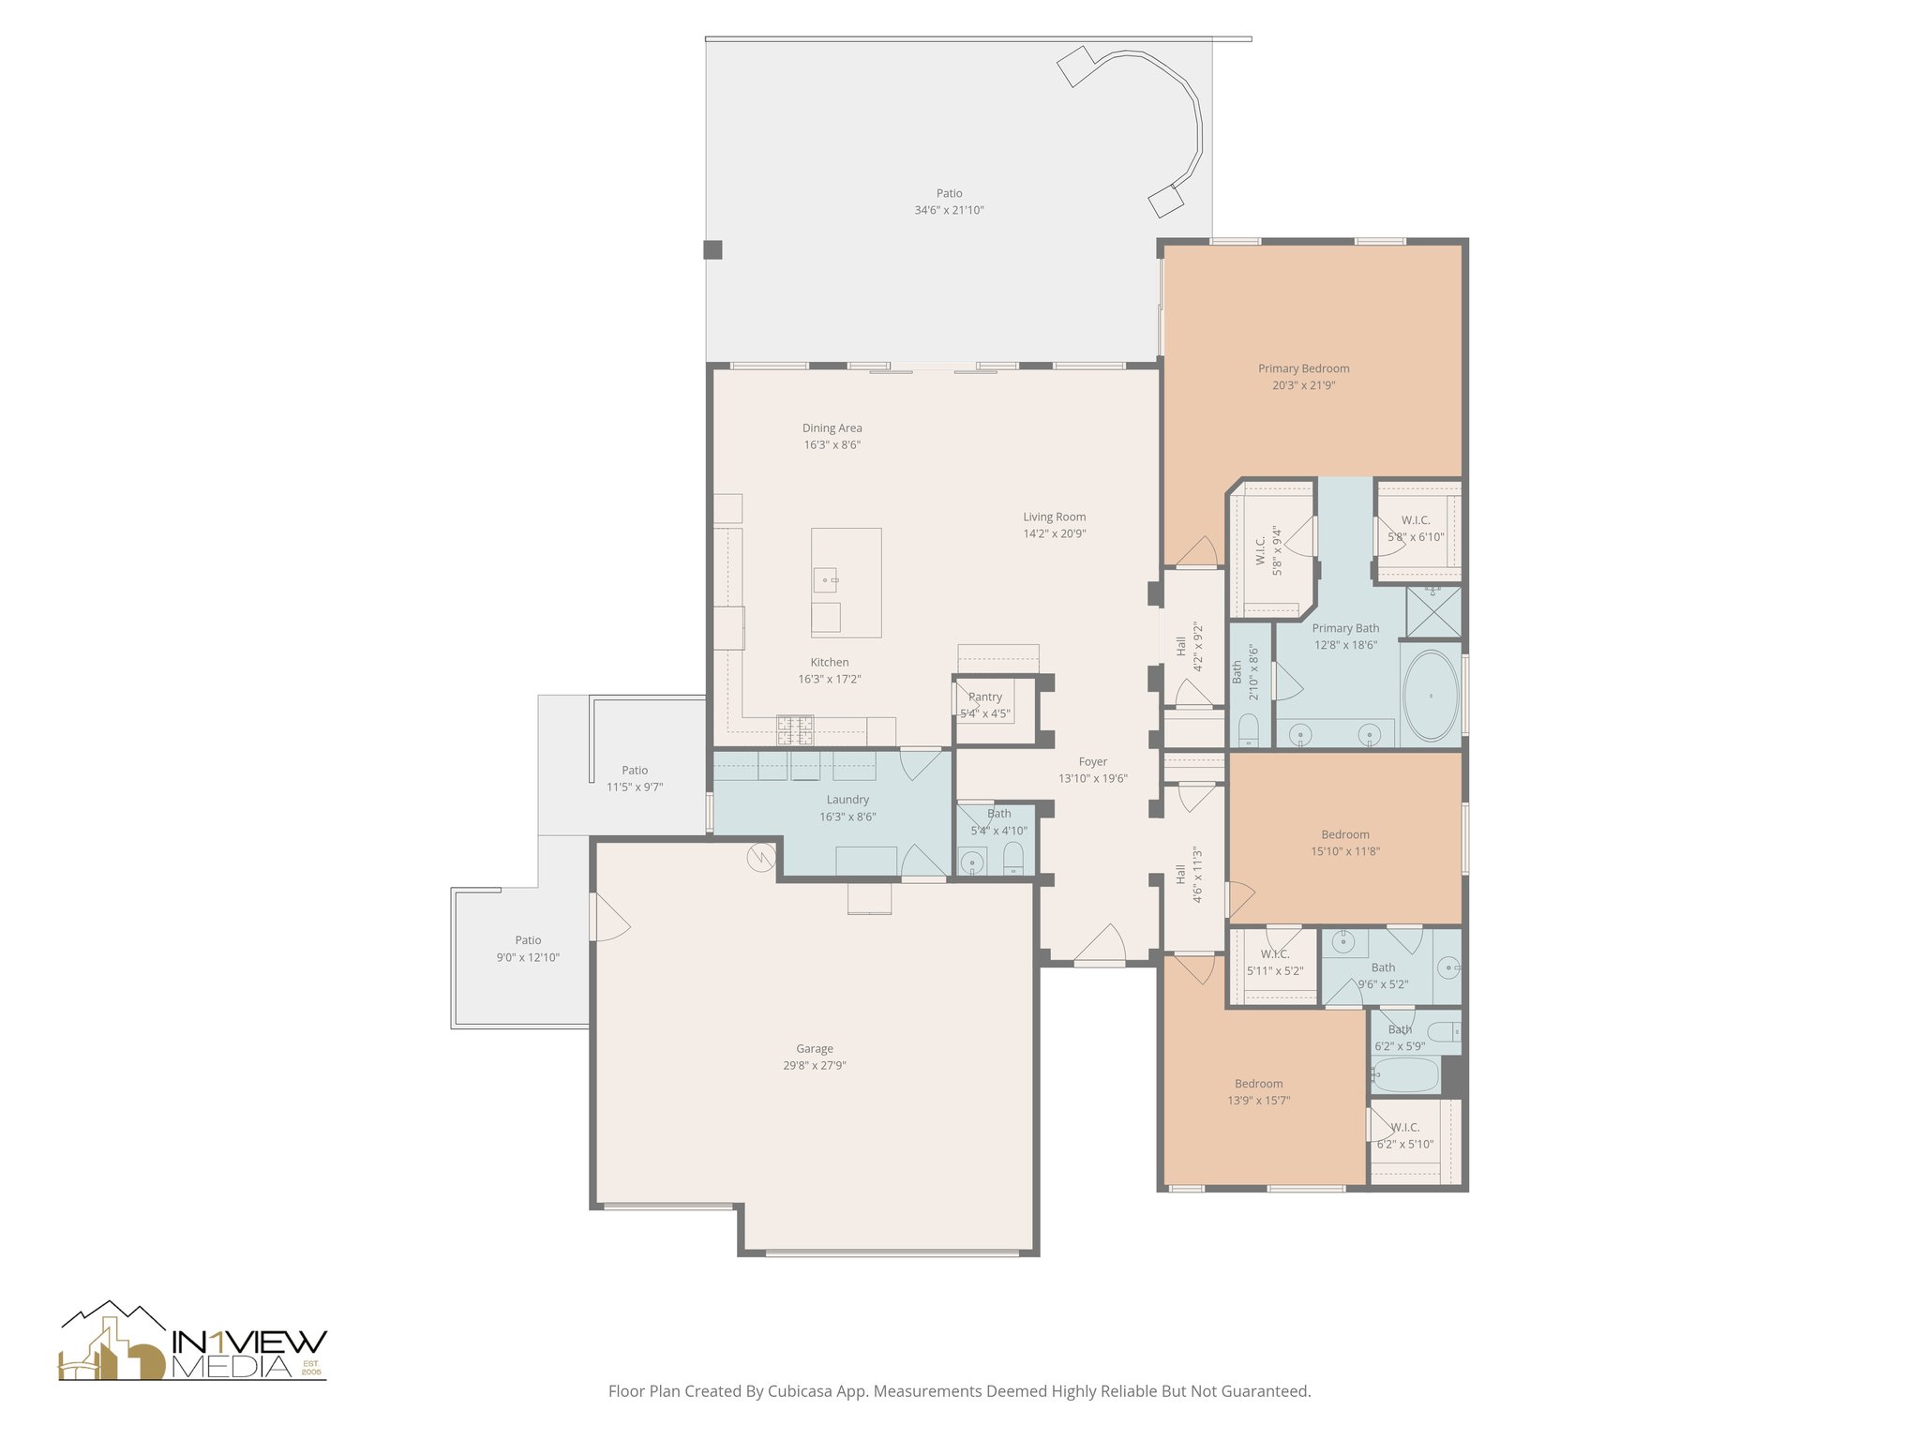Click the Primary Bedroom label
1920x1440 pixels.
tap(1303, 368)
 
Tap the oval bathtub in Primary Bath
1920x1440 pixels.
tap(1431, 696)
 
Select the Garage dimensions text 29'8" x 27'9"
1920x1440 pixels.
tap(814, 1066)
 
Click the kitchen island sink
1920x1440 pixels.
tap(825, 580)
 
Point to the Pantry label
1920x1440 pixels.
tap(985, 697)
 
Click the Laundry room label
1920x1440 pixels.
tap(847, 800)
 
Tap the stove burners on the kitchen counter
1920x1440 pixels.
tap(794, 729)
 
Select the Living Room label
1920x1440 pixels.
tap(1054, 517)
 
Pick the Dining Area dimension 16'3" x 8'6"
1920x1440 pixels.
tap(832, 445)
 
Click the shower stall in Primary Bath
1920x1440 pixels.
tap(1432, 610)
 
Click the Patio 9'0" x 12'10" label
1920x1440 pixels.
tap(528, 940)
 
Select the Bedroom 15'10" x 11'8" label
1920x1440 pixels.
tap(1344, 834)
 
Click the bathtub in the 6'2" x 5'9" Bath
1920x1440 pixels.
tap(1404, 1075)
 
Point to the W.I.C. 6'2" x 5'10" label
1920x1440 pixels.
tap(1404, 1128)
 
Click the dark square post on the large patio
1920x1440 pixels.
tap(713, 249)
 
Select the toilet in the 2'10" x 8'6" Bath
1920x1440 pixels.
tap(1249, 729)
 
